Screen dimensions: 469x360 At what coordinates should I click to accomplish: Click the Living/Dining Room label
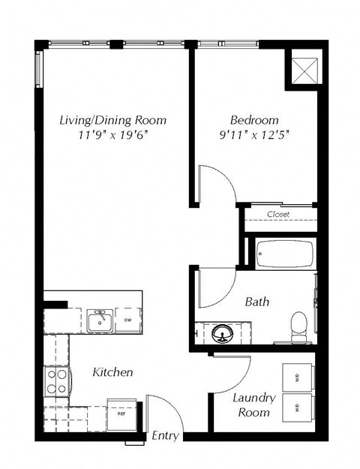[112, 120]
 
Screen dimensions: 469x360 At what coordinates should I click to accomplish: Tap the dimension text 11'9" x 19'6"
[112, 136]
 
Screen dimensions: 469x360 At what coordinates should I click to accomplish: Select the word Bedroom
[254, 120]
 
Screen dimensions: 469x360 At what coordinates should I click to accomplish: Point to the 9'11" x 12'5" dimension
[254, 136]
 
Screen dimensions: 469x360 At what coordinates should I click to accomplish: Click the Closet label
[278, 215]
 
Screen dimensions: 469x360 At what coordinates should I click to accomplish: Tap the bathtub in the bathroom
[284, 254]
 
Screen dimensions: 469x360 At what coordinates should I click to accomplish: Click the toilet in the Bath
[298, 325]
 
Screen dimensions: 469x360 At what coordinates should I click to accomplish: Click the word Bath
[257, 302]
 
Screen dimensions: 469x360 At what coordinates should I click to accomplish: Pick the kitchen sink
[99, 321]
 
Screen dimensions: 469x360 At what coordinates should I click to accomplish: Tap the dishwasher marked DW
[127, 320]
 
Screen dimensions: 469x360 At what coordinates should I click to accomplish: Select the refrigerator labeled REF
[120, 412]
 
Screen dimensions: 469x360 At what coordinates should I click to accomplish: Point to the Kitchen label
[112, 372]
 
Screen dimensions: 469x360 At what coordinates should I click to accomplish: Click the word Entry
[164, 435]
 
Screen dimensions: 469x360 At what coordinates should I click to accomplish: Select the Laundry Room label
[253, 405]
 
